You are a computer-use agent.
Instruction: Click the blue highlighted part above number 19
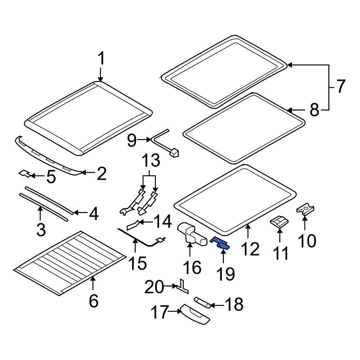(221, 243)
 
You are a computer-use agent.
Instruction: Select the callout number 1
(101, 59)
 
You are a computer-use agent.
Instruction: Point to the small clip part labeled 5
(24, 174)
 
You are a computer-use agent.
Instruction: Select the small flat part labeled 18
(202, 301)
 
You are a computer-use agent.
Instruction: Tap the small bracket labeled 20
(182, 286)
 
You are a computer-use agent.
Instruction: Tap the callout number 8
(314, 110)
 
